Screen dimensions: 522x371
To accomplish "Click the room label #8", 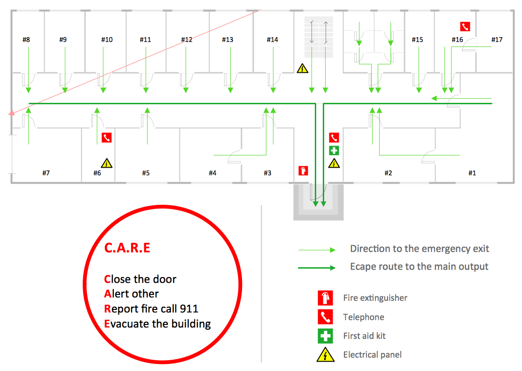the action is click(x=26, y=39).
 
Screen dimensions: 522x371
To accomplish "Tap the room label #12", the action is click(x=187, y=39).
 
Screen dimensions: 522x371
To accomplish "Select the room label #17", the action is click(x=497, y=39).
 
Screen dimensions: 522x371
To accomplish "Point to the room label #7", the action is click(x=46, y=173).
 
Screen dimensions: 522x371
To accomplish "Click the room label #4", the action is click(x=212, y=173).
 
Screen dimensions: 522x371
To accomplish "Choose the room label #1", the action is click(x=472, y=173).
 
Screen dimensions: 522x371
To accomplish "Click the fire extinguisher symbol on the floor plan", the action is click(x=303, y=170).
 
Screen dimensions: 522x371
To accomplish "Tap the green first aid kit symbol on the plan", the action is click(x=334, y=151).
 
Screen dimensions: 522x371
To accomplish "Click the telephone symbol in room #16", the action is click(x=465, y=27).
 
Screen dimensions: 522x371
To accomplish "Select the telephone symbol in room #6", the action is click(x=107, y=138).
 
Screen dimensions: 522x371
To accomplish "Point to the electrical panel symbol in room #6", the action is click(x=107, y=163).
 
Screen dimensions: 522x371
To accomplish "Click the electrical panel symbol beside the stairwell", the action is click(x=302, y=68).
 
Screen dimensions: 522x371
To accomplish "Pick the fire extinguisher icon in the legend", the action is click(x=325, y=298).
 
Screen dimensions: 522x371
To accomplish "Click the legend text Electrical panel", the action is click(x=372, y=355).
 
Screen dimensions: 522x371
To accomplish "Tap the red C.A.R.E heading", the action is click(x=127, y=248).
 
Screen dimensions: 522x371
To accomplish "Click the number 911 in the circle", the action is click(x=189, y=309).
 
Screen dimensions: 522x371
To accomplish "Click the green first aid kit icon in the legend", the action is click(x=325, y=336).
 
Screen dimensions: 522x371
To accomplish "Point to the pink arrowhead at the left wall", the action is click(x=12, y=113).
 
